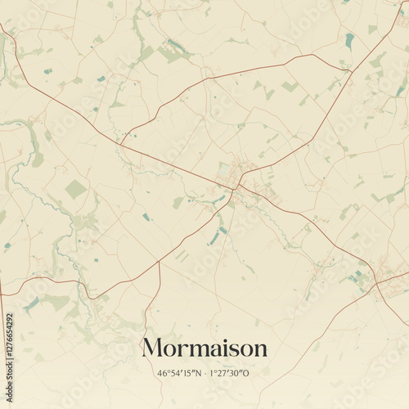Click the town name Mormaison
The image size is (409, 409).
point(204,348)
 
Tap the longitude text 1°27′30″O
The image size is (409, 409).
point(230,374)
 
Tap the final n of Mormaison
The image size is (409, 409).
point(260,350)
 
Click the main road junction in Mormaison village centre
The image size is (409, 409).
point(235,188)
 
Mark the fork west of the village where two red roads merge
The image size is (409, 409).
point(120,144)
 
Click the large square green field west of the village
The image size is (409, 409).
point(76,189)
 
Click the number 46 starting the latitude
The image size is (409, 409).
point(162,374)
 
